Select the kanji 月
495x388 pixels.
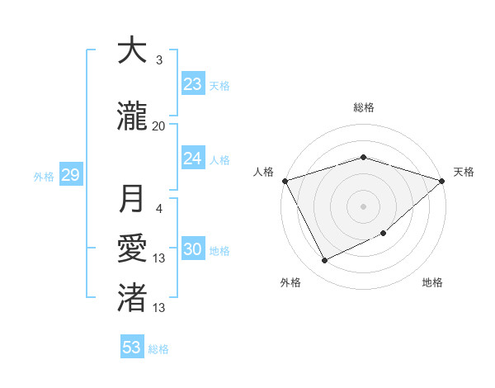[x=132, y=199]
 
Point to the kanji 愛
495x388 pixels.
[x=132, y=248]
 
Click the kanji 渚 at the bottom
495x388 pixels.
[x=132, y=296]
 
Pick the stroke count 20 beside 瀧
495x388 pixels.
[x=159, y=125]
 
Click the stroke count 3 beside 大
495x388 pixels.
[x=159, y=59]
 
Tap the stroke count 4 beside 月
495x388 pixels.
[x=159, y=209]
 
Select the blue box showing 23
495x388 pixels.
[x=193, y=84]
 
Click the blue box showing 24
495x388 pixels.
[x=193, y=159]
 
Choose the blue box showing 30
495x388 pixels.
[x=193, y=250]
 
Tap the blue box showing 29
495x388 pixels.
[x=70, y=175]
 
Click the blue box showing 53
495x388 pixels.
[x=132, y=348]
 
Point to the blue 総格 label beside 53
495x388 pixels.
[x=158, y=349]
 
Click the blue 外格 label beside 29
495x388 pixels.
[x=44, y=176]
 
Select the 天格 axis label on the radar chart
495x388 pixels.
[x=464, y=172]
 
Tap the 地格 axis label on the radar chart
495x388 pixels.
[x=432, y=282]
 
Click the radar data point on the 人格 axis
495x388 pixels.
[x=285, y=181]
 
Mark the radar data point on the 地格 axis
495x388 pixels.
[x=384, y=234]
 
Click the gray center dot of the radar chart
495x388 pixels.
[x=363, y=206]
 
